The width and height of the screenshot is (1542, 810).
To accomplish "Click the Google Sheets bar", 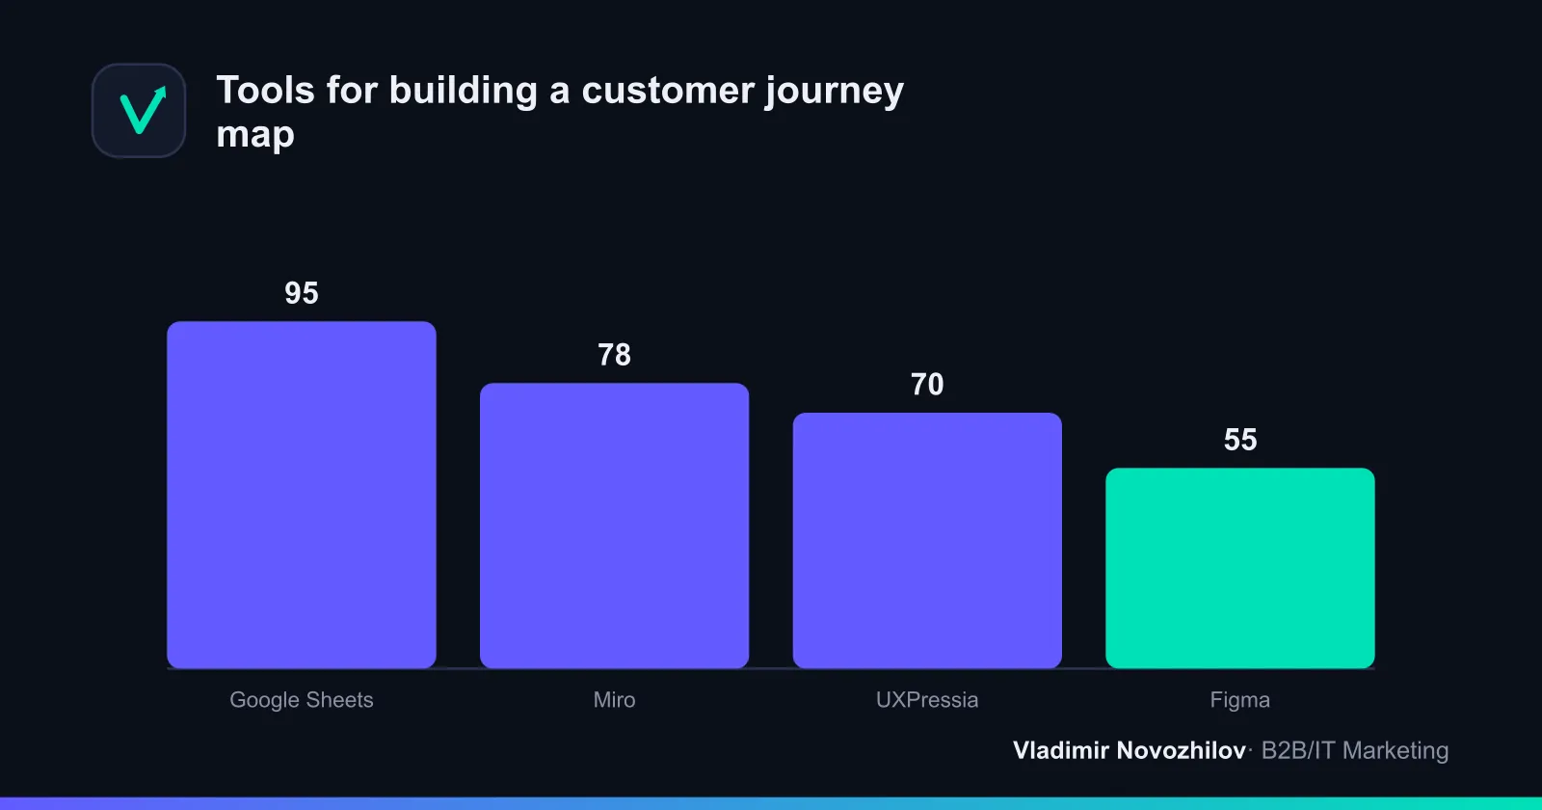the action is coord(302,495).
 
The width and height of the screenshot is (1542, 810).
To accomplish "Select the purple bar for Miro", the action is coord(614,526).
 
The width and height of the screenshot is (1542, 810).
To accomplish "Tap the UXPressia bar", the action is coord(927,541).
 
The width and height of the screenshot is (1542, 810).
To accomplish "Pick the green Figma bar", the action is coord(1239,568).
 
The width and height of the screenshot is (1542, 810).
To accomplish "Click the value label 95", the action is coord(302,293).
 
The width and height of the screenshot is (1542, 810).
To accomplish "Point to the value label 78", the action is coord(614,356).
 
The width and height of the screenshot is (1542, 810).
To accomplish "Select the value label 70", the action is coord(927,385).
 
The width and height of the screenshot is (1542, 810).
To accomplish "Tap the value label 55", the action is coord(1240,440).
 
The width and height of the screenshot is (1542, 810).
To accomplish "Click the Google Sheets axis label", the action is coord(302,700).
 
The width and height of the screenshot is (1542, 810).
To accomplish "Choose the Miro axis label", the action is coord(614,700).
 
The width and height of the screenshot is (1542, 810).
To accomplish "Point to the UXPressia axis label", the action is coord(927,700).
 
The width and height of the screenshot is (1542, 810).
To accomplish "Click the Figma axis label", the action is coord(1239,700).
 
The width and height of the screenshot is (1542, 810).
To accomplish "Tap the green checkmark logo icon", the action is coord(143,110).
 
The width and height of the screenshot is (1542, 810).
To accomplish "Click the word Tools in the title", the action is coord(266,91).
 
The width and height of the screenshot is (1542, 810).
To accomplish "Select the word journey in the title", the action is coord(835,93).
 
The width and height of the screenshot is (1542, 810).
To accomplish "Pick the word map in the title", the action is coord(255,134).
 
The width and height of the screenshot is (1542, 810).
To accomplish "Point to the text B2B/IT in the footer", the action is coord(1298,750).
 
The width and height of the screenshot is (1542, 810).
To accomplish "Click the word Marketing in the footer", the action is coord(1396,751).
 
